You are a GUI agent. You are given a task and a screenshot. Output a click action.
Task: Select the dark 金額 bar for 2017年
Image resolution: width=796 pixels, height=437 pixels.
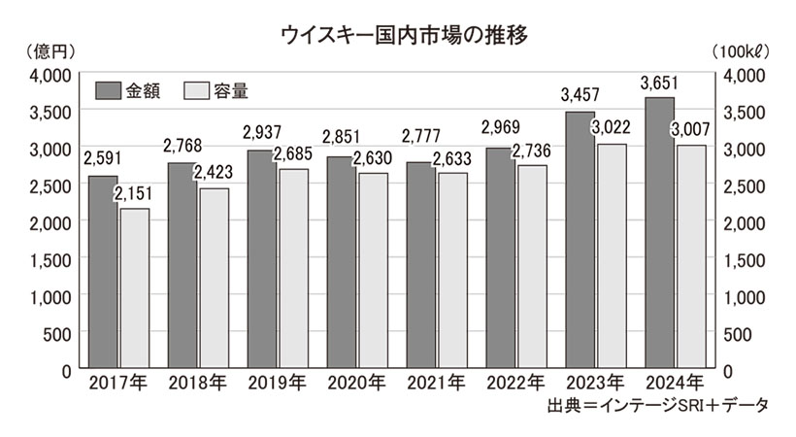point(102,273)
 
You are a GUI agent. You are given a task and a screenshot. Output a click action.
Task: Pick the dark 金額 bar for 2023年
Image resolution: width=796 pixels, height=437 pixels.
point(580,241)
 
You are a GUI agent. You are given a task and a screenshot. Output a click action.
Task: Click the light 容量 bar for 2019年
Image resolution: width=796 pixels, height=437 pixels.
point(293,269)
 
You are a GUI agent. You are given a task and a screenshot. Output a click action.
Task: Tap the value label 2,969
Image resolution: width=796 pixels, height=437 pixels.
point(500,133)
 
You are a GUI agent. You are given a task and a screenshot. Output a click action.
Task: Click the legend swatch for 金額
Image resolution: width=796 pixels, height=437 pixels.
point(108,91)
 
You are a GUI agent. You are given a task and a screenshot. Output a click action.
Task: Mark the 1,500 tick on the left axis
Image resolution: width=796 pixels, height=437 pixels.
point(48,259)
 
